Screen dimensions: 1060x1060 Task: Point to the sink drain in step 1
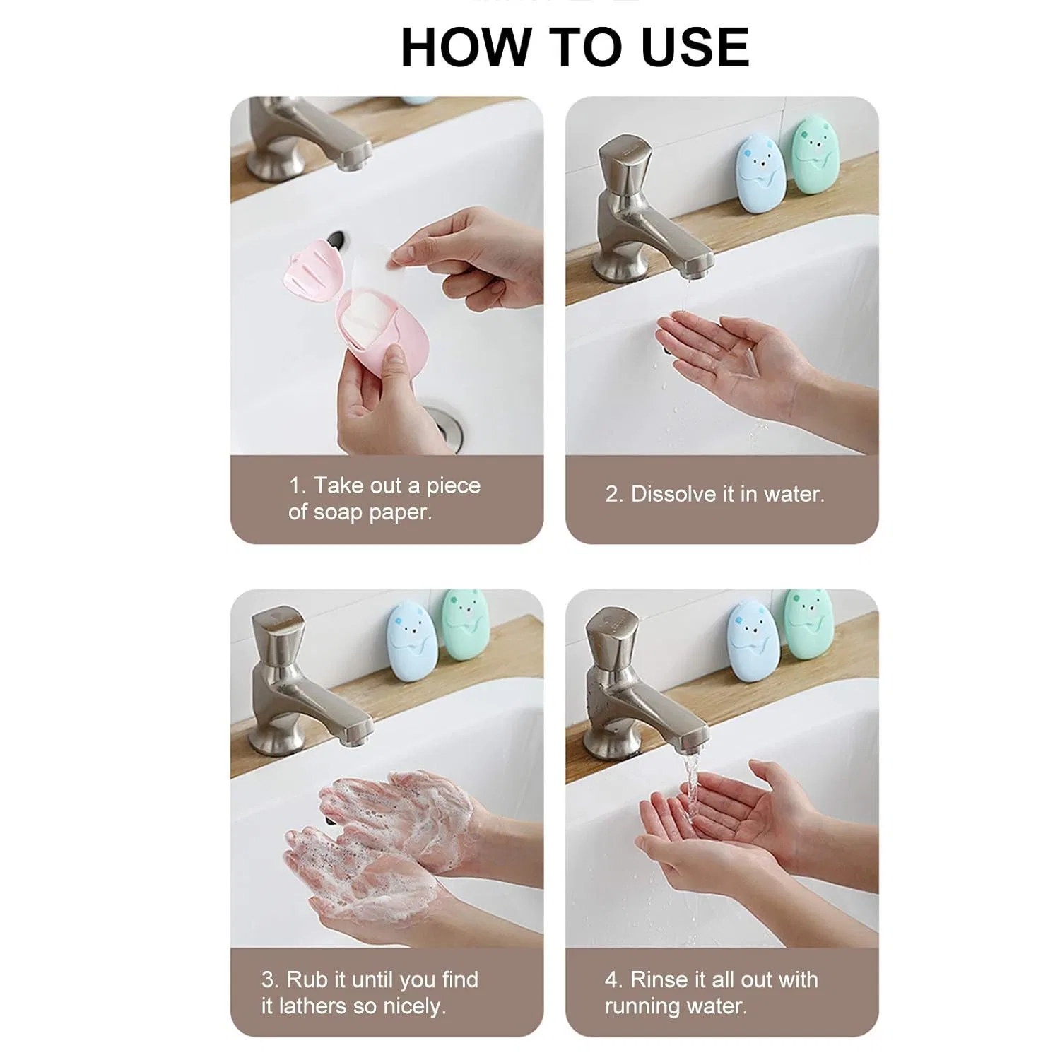pos(443,427)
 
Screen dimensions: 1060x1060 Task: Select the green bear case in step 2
pos(813,156)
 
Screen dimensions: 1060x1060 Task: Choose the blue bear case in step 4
pos(753,640)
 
